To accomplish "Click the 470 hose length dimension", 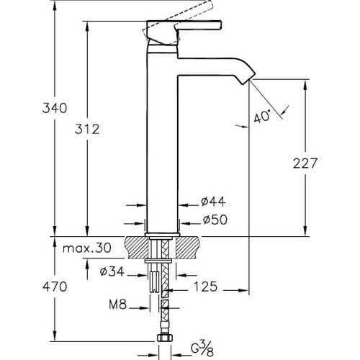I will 35,287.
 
